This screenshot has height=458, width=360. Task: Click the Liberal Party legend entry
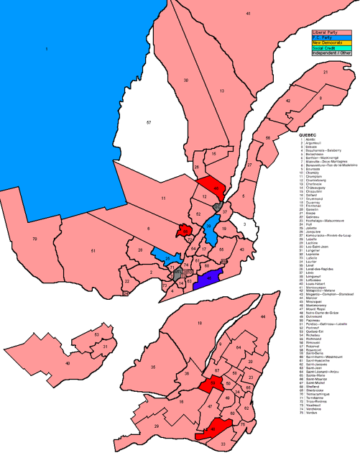328,33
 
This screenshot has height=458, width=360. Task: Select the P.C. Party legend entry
328,38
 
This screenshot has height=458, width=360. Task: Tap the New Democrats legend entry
328,43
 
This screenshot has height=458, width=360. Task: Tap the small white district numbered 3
245,225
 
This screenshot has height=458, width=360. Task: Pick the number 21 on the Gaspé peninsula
325,73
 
